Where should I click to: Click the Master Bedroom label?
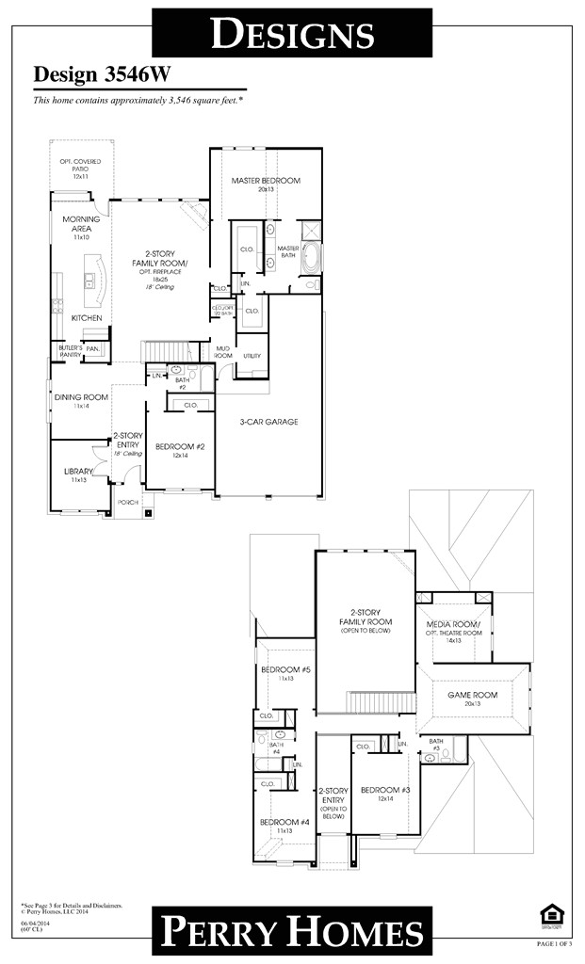266,181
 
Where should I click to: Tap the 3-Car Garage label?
268,422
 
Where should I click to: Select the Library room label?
78,471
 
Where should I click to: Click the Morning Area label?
81,223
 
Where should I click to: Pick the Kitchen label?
87,318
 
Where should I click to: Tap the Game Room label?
471,695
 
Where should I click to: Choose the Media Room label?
454,625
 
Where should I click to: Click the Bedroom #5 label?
280,670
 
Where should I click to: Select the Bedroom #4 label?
280,822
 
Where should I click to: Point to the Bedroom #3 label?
384,790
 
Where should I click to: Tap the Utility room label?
252,356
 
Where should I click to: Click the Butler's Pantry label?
71,350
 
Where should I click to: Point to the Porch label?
127,503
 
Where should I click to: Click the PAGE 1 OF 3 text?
555,943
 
